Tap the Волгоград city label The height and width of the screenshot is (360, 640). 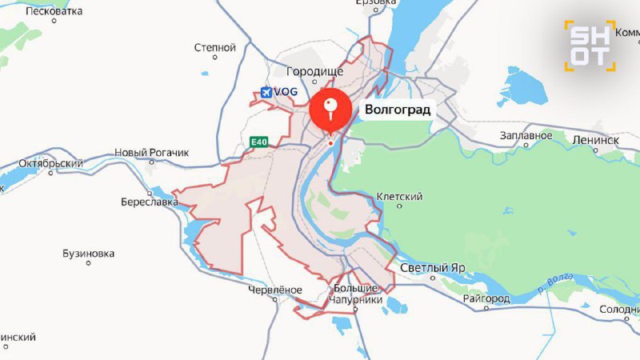point(398,110)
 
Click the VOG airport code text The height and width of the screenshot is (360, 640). point(286,92)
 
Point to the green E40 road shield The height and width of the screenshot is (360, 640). point(258,142)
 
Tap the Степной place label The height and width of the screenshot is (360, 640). point(215,48)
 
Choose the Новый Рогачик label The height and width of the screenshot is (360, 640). point(151,152)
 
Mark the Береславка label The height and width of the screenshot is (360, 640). point(150,202)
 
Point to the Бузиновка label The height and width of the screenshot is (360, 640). point(88,254)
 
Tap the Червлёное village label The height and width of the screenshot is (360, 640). point(275,289)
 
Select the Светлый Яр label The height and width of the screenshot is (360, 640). point(433,268)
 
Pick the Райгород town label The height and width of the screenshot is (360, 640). point(486,298)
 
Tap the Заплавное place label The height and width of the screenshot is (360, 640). point(526,135)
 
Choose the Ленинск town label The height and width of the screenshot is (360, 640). point(596,139)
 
